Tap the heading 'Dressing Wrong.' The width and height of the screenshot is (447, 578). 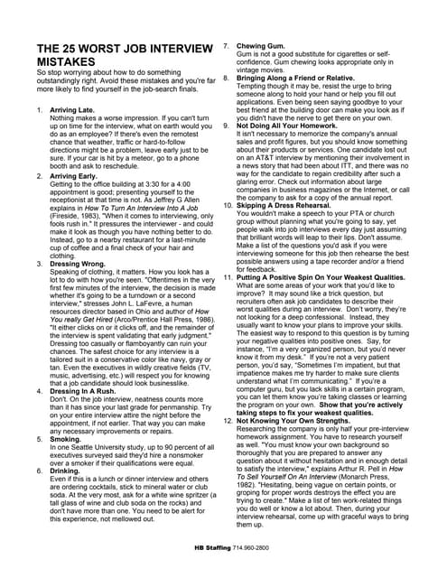click(x=79, y=264)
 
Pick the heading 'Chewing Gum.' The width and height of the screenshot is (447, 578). click(x=263, y=44)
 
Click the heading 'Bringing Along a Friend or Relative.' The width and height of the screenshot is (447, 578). click(x=303, y=79)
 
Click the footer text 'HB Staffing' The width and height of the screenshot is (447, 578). click(x=212, y=548)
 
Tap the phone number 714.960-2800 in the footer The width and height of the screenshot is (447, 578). click(x=254, y=548)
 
